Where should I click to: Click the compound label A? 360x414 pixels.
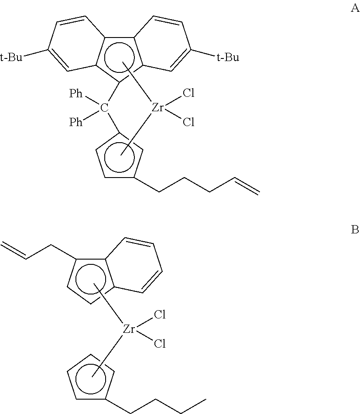(355, 8)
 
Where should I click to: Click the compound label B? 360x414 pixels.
(355, 230)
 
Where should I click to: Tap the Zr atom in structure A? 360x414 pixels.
(157, 107)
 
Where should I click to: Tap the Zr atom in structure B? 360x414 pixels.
(130, 329)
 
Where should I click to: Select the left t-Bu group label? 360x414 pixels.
(11, 58)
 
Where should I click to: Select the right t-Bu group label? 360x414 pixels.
(228, 58)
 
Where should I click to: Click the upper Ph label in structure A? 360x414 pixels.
(76, 93)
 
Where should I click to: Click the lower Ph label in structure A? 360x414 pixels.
(76, 123)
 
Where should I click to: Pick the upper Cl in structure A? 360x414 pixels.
(189, 93)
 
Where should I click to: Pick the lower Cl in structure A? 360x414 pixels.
(189, 123)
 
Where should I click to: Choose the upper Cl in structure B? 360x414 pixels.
(161, 315)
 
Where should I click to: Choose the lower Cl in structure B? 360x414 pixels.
(161, 344)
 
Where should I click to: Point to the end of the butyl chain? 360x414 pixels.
(205, 398)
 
